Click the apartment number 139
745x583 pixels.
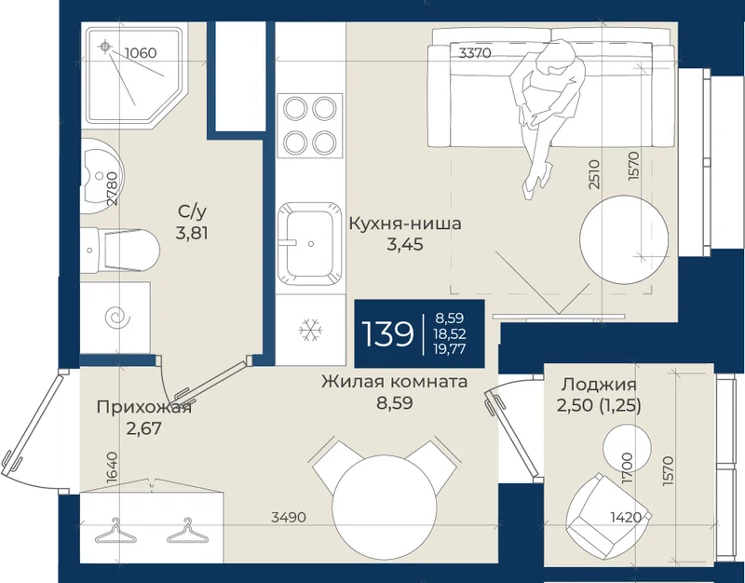point(387,333)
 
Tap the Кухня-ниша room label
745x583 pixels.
point(405,224)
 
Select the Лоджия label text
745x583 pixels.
point(599,385)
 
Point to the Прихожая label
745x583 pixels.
point(144,407)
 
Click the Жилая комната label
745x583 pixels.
point(394,381)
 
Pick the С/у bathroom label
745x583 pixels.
point(192,211)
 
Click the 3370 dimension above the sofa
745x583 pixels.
point(475,53)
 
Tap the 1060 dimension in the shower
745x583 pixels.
point(141,53)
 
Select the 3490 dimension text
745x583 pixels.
point(289,517)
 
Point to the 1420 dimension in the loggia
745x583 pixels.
point(626,517)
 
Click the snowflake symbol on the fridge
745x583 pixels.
point(311,330)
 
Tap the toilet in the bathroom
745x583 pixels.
point(120,250)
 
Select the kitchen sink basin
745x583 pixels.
point(310,244)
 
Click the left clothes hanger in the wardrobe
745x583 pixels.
point(115,531)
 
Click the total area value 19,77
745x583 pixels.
point(449,349)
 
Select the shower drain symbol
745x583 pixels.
point(105,46)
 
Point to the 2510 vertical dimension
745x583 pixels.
point(594,175)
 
